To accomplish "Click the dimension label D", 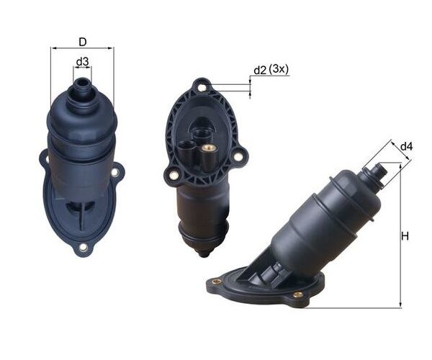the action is pyautogui.click(x=83, y=42).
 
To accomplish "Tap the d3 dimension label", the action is pyautogui.click(x=82, y=62).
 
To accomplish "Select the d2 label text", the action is pyautogui.click(x=260, y=71).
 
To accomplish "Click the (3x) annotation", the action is pyautogui.click(x=279, y=69).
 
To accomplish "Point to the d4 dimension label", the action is pyautogui.click(x=406, y=147).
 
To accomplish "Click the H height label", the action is pyautogui.click(x=405, y=236).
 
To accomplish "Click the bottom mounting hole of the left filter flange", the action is pyautogui.click(x=83, y=248).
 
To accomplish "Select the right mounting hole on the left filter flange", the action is pyautogui.click(x=115, y=173).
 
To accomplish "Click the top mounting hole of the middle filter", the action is pyautogui.click(x=202, y=88).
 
